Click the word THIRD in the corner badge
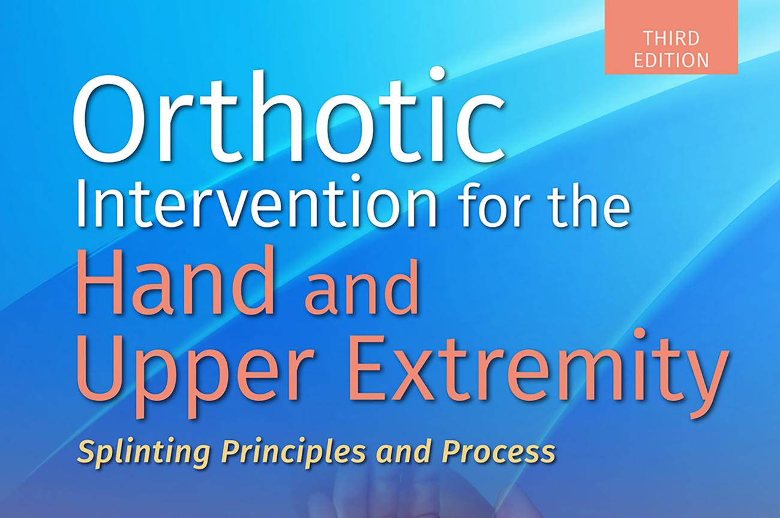671,38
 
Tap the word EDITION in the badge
671,60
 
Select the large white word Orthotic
289,116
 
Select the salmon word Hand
175,279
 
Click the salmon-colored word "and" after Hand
362,289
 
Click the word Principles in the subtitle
293,451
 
